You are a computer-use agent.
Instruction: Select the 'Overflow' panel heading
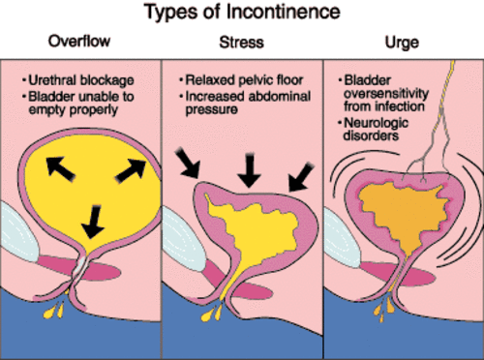(81, 43)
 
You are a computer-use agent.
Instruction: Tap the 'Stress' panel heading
(242, 43)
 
